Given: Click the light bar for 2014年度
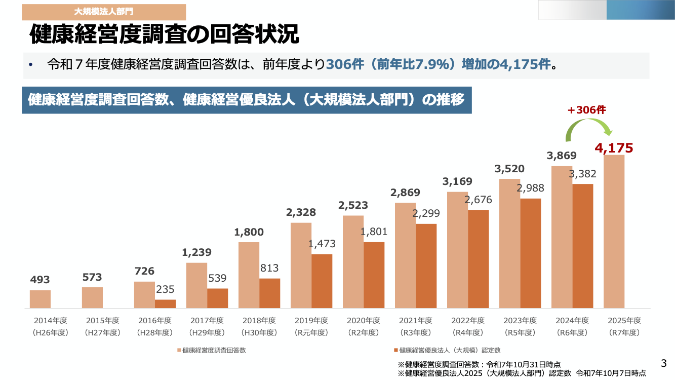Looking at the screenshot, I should pyautogui.click(x=40, y=299).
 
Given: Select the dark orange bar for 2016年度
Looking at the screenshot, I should pyautogui.click(x=165, y=304).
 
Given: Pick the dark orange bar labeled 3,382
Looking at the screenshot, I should pyautogui.click(x=583, y=246).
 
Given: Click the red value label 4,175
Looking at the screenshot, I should pyautogui.click(x=614, y=148).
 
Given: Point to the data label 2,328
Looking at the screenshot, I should pyautogui.click(x=301, y=212).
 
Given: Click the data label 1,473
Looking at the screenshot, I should pyautogui.click(x=322, y=244).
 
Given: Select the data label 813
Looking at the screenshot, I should pyautogui.click(x=269, y=268).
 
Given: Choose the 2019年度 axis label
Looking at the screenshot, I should pyautogui.click(x=311, y=321).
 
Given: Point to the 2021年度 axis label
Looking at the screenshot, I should pyautogui.click(x=415, y=321).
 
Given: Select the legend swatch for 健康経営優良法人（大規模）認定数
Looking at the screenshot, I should pyautogui.click(x=396, y=350).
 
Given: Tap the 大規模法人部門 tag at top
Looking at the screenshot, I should pyautogui.click(x=104, y=11).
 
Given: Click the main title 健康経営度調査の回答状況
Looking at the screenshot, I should pyautogui.click(x=165, y=35).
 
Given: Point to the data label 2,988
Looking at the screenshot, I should pyautogui.click(x=530, y=188).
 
